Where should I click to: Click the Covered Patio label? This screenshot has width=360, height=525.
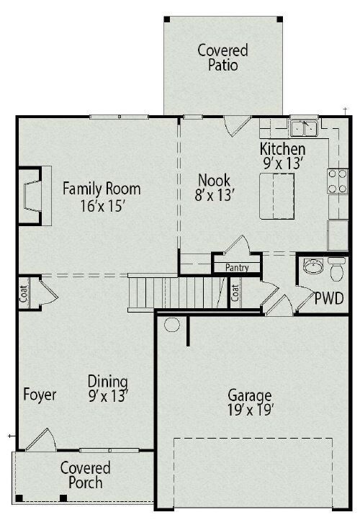222,58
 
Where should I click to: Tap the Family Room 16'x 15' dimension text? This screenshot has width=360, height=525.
102,206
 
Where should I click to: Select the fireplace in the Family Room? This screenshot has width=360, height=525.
33,196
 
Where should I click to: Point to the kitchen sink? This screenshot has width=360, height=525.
304,128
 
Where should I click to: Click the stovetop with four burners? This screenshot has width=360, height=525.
338,181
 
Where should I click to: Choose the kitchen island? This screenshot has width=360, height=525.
277,196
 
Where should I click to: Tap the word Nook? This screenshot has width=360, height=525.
214,180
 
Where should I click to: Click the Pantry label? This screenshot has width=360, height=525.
237,267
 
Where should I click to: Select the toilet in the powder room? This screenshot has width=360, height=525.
336,269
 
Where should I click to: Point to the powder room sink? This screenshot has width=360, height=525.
313,266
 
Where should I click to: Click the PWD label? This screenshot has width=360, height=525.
329,298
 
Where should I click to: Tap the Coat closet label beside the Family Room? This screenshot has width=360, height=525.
24,294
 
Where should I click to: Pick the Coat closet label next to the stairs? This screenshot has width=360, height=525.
235,292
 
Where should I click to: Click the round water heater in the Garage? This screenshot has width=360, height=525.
172,325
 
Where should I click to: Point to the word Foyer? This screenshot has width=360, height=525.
40,395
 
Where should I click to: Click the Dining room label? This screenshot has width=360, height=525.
108,382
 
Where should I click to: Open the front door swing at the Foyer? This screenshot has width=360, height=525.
41,439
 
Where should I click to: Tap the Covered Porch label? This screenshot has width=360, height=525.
86,475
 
